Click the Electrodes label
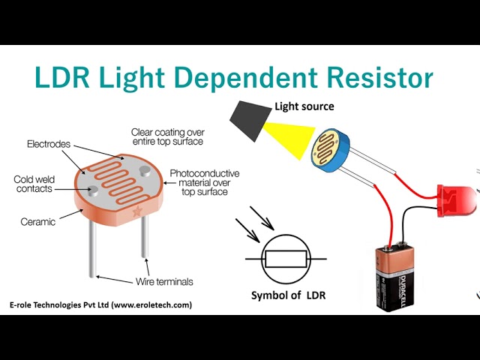click(x=48, y=143)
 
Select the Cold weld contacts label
click(x=33, y=184)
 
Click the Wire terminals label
click(x=164, y=282)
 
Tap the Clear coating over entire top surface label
click(x=166, y=136)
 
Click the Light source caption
click(x=304, y=106)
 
